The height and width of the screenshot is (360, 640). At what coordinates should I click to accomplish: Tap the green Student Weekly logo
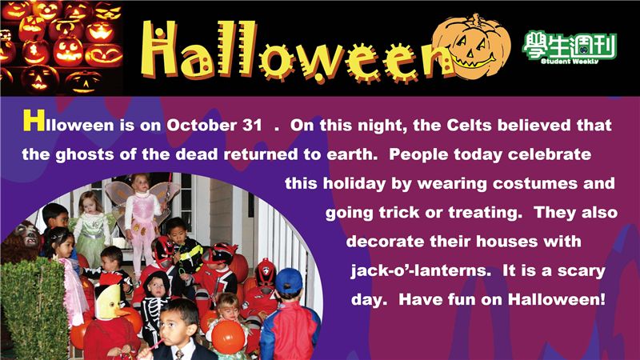[570, 47]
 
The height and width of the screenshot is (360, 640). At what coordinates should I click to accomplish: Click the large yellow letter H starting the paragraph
[34, 121]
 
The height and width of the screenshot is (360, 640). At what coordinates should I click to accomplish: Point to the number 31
[252, 126]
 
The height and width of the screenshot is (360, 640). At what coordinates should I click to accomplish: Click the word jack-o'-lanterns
[421, 270]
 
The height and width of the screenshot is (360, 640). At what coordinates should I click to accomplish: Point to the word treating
[486, 213]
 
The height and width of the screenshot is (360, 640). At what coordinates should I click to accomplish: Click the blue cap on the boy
[289, 282]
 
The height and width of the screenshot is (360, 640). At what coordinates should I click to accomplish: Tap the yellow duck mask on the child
[110, 302]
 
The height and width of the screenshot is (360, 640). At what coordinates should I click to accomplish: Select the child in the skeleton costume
[155, 306]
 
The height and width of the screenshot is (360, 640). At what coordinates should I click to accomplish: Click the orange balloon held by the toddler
[228, 337]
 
